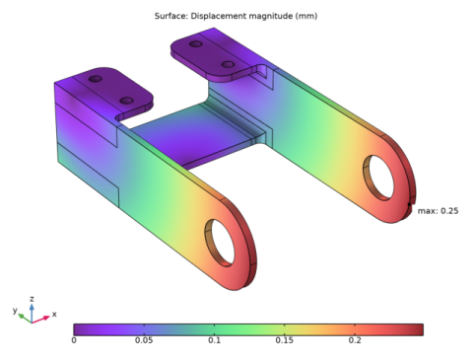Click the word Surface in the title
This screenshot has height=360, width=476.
coord(172,17)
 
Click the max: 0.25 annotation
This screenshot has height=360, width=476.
coord(438,210)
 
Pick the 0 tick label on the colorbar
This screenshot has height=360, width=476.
coord(74,340)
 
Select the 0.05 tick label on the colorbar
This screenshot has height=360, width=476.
coord(144,340)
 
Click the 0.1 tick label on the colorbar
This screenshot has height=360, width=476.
coord(214,340)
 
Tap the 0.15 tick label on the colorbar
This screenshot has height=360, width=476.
coord(284,340)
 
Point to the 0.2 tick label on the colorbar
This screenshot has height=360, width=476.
coord(354,340)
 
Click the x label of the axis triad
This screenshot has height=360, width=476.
coord(54,315)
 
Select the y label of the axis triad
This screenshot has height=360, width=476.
coord(15,310)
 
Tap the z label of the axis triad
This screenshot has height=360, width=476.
coord(32,297)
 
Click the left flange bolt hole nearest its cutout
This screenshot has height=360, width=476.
coord(126,100)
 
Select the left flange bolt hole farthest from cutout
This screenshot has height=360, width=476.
coord(95,78)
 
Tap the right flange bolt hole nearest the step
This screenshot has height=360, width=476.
coord(228,64)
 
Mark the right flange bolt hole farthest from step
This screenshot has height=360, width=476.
coord(196,43)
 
